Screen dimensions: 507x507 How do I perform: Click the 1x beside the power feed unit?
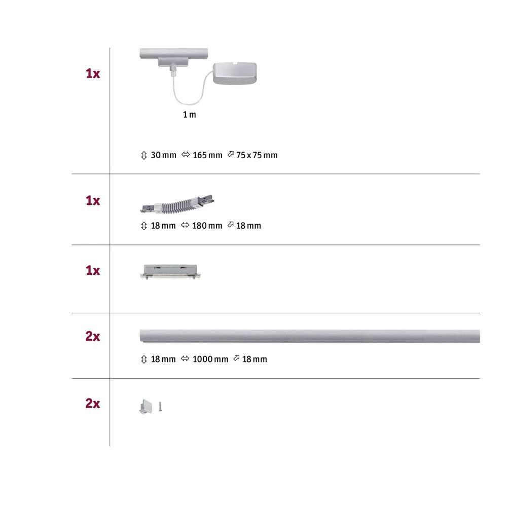pos(93,74)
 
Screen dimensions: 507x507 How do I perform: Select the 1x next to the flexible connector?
pos(93,201)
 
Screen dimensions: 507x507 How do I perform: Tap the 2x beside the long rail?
pos(93,337)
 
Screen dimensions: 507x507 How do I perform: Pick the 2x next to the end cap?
pos(93,404)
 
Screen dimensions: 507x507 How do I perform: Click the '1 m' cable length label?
pos(189,115)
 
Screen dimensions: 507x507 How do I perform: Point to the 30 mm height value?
pos(163,155)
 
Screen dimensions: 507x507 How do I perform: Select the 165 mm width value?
pos(207,155)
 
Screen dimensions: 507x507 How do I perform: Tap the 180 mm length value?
pos(207,226)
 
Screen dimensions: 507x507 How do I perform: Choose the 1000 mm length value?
pos(210,359)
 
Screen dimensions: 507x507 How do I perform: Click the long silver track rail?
pos(309,336)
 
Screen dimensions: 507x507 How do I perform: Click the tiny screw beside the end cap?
pos(160,406)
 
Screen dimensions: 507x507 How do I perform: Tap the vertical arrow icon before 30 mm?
pos(143,155)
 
